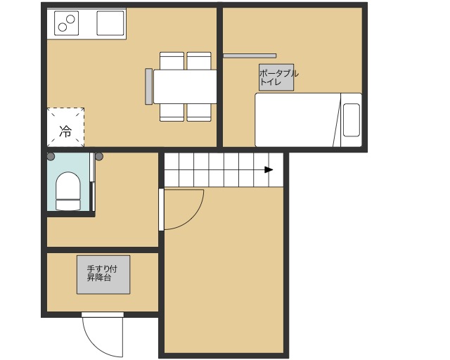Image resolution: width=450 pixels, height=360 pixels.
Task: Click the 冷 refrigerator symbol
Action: pos(65,127)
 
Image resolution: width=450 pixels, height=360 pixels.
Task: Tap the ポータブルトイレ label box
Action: pos(276,77)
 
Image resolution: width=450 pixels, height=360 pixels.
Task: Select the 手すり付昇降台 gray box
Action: pos(103,275)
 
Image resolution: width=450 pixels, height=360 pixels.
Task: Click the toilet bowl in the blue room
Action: pos(68,186)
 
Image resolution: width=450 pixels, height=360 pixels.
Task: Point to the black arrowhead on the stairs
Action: pos(269,169)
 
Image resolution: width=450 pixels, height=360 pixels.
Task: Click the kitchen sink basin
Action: pos(110,23)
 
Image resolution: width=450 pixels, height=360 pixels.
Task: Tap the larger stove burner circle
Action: pos(70,19)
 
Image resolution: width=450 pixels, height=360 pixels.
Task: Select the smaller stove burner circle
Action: pos(63,27)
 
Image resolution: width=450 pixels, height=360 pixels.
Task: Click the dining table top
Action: pos(185,86)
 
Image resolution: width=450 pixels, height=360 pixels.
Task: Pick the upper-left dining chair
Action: pos(172,61)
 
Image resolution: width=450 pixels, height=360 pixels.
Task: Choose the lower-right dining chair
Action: pos(199,112)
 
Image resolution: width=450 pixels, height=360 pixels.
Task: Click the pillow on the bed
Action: pos(352,120)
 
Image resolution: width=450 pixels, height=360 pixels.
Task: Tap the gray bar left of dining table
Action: pos(148,86)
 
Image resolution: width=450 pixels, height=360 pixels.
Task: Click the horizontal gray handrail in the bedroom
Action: pos(250,56)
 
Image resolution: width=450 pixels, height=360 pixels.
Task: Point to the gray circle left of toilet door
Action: pos(51,157)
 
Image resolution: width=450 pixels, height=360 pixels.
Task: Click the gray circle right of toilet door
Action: pos(99,157)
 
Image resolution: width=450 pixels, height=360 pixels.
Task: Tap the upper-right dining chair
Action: pos(199,61)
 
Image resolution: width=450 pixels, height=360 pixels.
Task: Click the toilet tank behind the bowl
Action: pos(68,205)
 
